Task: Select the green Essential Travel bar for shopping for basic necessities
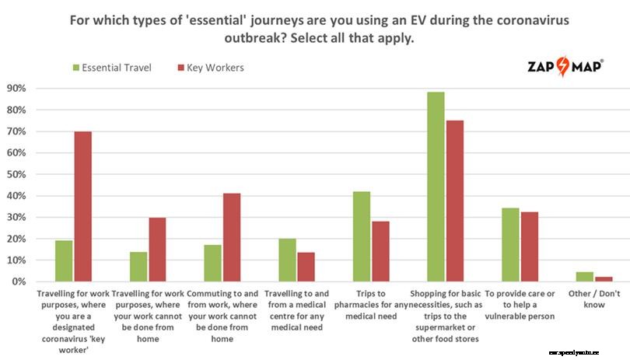tap(436, 187)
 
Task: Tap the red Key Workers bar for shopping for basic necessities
tap(455, 201)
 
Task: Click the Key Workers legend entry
tap(210, 68)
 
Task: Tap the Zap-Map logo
tap(565, 66)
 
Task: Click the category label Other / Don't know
tap(593, 299)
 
